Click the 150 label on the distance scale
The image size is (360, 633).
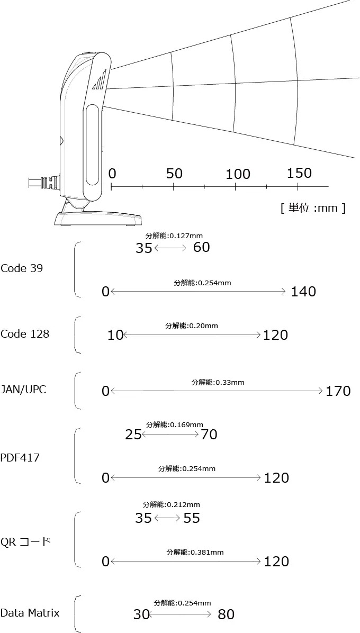pos(299,173)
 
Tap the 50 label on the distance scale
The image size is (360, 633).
pos(174,174)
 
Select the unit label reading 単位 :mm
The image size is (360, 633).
pos(313,209)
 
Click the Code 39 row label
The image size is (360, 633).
pos(22,268)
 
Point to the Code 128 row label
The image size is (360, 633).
pos(25,334)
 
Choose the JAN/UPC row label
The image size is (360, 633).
pos(23,390)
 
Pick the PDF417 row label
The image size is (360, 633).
pos(20,458)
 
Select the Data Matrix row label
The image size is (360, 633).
pos(30,613)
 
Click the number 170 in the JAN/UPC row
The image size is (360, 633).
pos(338,391)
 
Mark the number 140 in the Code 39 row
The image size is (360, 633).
pos(303,292)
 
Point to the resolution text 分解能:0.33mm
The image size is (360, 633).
pos(218,382)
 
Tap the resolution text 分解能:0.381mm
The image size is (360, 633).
pos(195,552)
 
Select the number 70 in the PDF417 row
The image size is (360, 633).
pos(209,435)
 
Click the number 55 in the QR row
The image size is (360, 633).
pos(192,518)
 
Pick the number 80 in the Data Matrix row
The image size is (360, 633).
pos(226,614)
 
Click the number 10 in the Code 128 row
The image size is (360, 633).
pos(115,335)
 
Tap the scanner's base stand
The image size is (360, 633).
pos(98,213)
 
